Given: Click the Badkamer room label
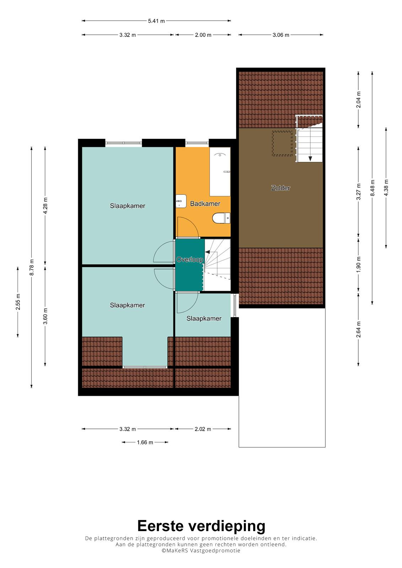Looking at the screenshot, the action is click(x=205, y=204).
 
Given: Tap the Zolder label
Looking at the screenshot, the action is click(x=280, y=188).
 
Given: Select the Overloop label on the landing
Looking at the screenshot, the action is click(x=190, y=260).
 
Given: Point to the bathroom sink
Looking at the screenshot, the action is click(x=181, y=201).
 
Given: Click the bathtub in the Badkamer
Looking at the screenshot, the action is click(x=220, y=172).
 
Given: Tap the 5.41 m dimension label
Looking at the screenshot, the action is click(x=156, y=21).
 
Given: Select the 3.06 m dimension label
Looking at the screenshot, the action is click(x=281, y=35).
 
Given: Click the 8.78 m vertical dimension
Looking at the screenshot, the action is click(x=32, y=267).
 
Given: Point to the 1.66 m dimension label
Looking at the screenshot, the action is click(x=145, y=442).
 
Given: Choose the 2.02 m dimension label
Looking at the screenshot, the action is click(x=203, y=429).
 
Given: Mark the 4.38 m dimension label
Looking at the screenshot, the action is click(x=386, y=188).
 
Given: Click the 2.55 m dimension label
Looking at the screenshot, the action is click(x=18, y=302).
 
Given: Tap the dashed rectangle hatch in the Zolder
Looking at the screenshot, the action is click(x=282, y=143).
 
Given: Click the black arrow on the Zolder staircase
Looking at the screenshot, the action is click(x=310, y=159).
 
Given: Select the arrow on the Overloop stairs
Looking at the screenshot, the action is click(x=208, y=252).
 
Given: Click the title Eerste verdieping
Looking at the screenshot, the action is click(x=201, y=526).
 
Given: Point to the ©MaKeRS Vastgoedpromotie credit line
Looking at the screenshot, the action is click(x=201, y=551).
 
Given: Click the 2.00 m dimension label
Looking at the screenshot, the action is click(x=203, y=35).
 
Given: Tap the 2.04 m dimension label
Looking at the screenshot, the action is click(x=358, y=100).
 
